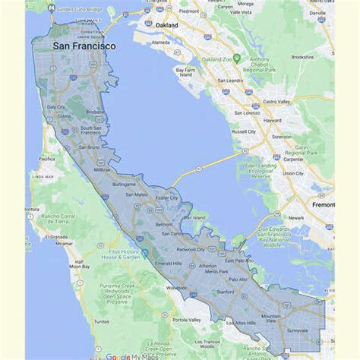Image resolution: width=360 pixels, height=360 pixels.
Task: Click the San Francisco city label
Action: coord(84,46)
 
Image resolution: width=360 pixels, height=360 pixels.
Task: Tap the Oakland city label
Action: coord(166,25)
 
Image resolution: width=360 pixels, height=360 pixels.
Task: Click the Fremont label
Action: coord(322,204)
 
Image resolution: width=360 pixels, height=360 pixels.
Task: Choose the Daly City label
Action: coord(56,107)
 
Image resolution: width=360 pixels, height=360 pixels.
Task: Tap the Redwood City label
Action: coord(191,249)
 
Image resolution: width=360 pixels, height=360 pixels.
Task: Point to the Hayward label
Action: coord(272,120)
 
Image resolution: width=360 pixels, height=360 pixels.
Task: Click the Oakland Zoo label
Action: coord(216,59)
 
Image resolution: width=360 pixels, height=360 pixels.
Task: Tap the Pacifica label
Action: coord(46,159)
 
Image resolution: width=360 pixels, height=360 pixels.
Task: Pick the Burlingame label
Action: coord(124,185)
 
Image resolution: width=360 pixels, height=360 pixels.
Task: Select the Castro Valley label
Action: coord(276,101)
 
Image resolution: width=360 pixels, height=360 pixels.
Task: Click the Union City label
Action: coord(293,173)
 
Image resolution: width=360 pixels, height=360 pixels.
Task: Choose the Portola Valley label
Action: coord(187,320)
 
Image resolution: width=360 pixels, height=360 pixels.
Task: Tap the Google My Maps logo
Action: coord(130,355)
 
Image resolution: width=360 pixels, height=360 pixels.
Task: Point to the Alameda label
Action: coord(161,43)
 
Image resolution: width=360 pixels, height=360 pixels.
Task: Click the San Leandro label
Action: coord(230,80)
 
